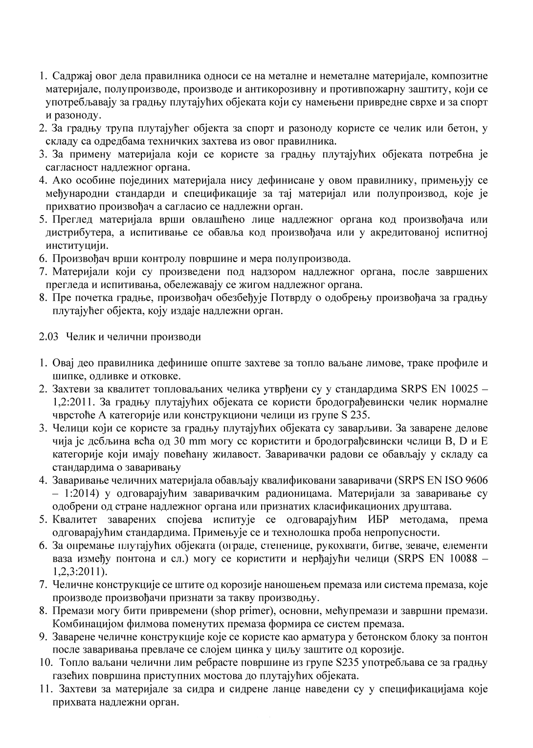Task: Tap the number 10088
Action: pyautogui.click(x=464, y=559)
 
